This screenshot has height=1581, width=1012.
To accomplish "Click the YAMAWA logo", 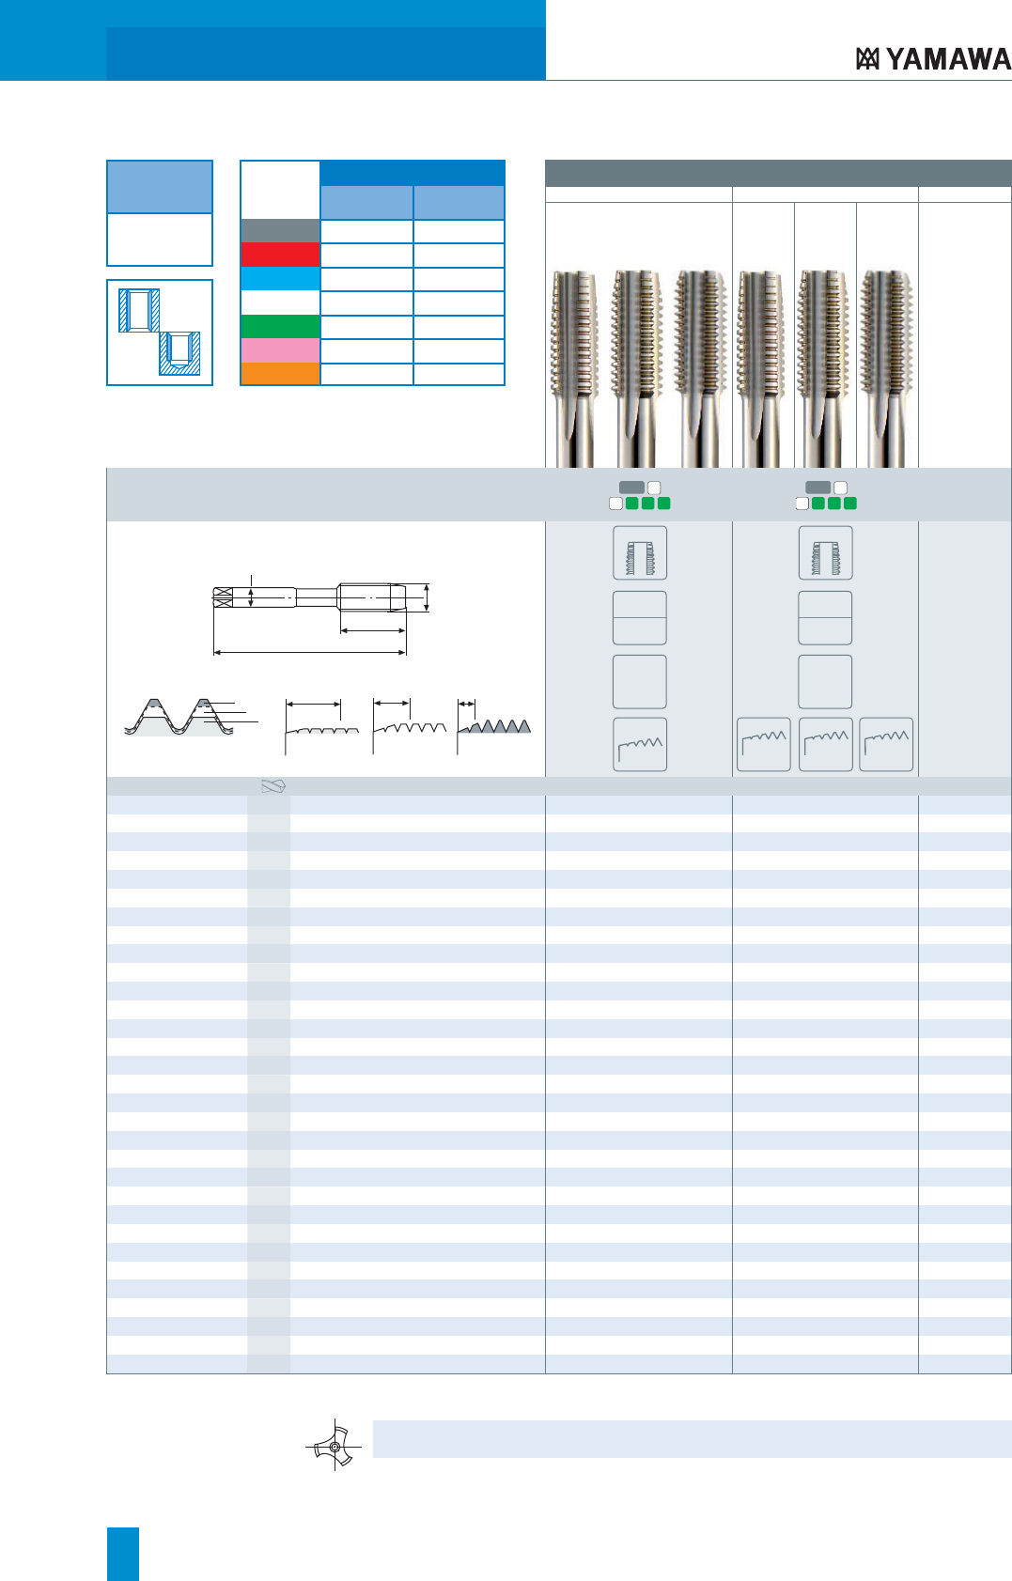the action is (933, 59).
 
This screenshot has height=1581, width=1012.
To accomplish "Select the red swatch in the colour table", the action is (280, 255).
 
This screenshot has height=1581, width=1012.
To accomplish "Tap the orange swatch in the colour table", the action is (280, 373).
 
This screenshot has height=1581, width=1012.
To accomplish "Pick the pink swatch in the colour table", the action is (280, 350).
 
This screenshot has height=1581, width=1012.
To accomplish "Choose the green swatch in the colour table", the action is (280, 326).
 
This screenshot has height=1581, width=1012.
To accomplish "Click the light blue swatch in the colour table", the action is (280, 279).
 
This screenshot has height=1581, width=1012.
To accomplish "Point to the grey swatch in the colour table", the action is (280, 231).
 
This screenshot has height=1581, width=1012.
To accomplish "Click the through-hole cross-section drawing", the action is (138, 311).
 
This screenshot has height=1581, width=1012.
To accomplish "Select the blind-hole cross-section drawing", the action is (179, 353).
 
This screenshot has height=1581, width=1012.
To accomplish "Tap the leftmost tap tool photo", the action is (574, 368).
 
